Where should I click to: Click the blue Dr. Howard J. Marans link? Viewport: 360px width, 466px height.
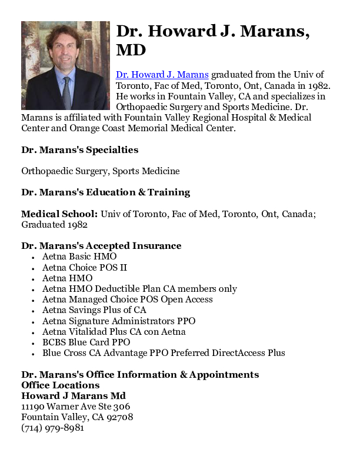162,75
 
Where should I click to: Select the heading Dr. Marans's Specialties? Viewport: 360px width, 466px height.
80,150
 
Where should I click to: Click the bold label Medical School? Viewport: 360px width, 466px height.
59,214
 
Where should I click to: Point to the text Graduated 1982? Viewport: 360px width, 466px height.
55,225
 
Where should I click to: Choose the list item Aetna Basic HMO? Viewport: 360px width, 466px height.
79,257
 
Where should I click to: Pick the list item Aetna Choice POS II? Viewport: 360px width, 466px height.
85,268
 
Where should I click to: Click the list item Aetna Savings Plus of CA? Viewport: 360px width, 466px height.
94,310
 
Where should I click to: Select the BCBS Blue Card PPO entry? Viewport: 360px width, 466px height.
86,342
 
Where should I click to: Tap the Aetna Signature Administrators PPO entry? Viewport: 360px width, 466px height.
119,321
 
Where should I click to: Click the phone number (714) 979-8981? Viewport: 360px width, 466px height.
52,428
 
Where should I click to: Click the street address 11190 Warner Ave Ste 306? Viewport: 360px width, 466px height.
76,407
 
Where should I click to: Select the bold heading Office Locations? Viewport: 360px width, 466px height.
61,385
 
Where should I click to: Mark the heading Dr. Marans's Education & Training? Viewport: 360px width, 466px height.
106,192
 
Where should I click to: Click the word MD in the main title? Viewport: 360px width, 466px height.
131,50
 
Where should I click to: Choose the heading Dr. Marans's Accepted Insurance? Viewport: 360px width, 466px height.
101,246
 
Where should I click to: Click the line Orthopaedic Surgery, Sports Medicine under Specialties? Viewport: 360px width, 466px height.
101,171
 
